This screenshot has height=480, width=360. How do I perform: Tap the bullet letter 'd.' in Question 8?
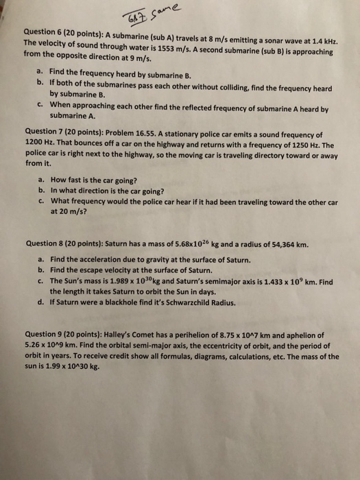coord(42,302)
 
